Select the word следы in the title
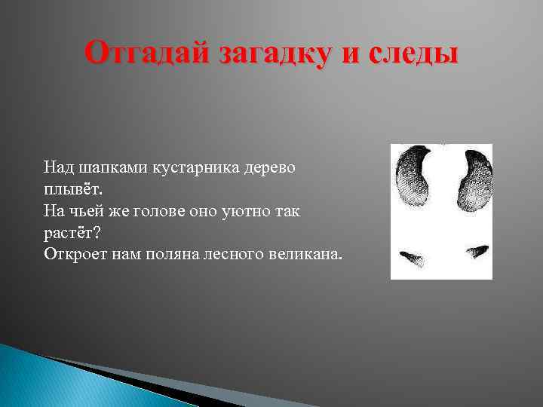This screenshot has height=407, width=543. [x=411, y=54]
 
